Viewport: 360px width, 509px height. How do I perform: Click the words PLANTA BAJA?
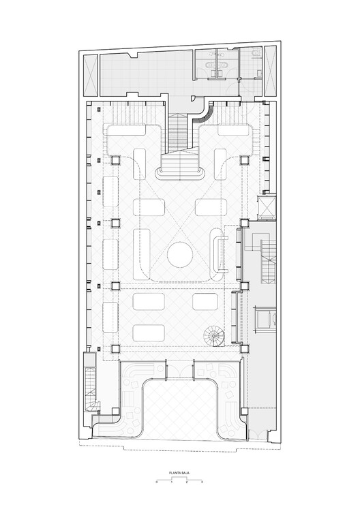click(x=179, y=473)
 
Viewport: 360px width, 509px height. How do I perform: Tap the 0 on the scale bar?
click(x=157, y=482)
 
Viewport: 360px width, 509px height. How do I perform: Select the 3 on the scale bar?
click(x=202, y=482)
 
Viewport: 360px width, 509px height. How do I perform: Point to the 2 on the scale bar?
click(x=187, y=482)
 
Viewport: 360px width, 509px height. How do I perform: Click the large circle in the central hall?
click(x=180, y=255)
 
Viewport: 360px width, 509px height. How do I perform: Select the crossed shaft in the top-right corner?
click(x=270, y=71)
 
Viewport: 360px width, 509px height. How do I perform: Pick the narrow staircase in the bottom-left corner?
click(x=91, y=390)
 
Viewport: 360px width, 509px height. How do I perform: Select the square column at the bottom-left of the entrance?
click(x=116, y=412)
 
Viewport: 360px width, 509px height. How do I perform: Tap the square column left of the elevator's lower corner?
click(x=245, y=223)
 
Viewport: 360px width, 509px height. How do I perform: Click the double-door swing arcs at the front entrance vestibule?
click(x=180, y=369)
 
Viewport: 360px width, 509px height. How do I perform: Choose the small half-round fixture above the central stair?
click(x=193, y=97)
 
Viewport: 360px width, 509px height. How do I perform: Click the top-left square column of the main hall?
click(x=116, y=160)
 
